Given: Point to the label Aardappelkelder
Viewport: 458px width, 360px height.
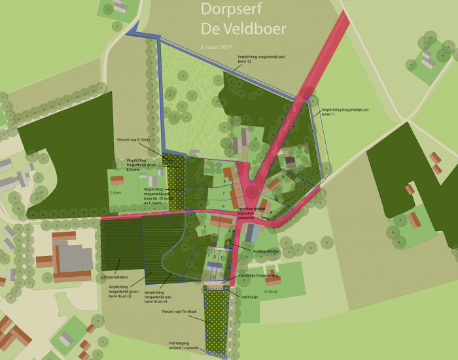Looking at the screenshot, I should click(264, 251).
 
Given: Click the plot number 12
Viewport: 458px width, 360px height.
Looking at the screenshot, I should click(255, 139).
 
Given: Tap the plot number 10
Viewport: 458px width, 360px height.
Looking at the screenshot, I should click(283, 177).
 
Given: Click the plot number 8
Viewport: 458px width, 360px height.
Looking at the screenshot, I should click(224, 181).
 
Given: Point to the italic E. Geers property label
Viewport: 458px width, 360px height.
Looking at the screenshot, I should click(116, 193).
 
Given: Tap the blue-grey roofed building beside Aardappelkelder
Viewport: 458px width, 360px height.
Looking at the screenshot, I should click(252, 232).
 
